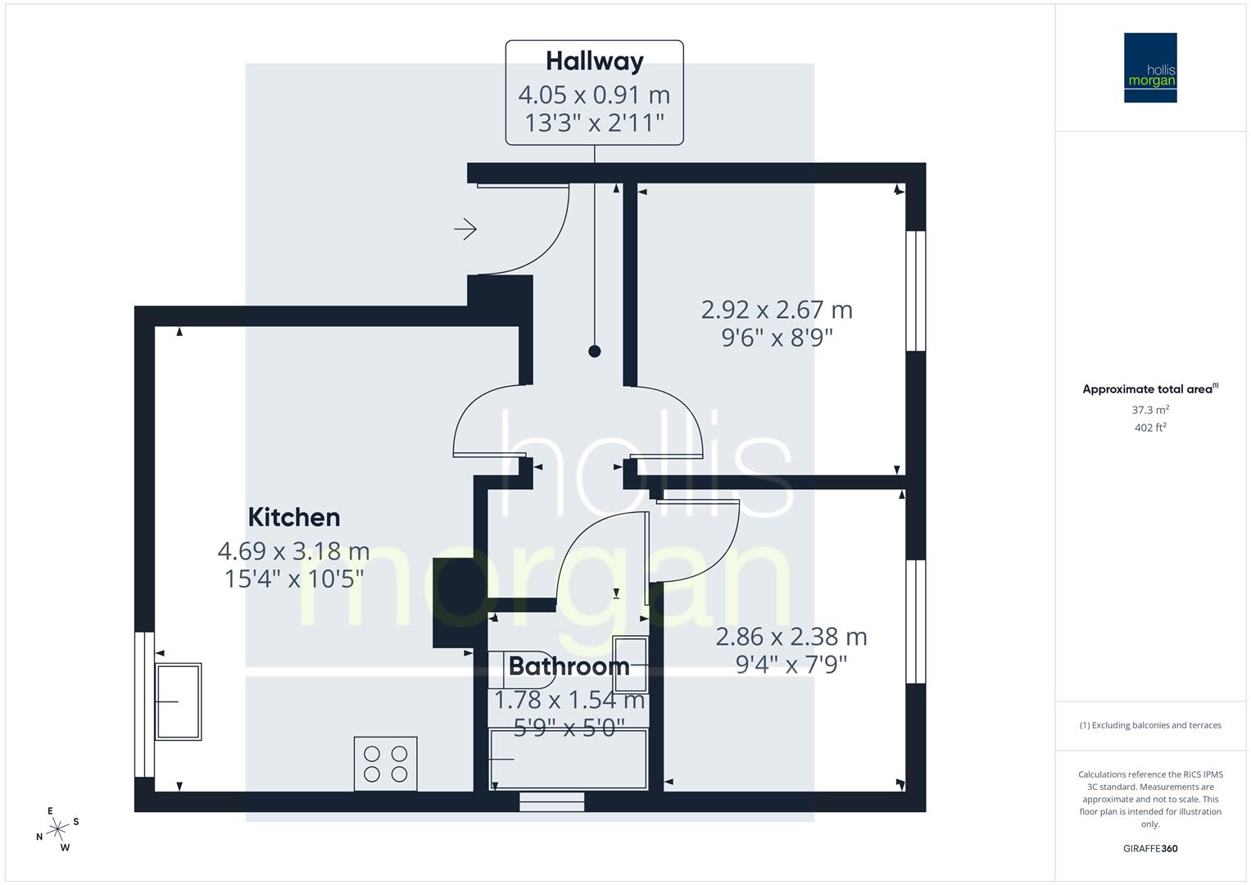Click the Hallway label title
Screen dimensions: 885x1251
(x=594, y=61)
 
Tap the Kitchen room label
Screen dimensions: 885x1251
(x=293, y=517)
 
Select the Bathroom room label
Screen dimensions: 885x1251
(x=569, y=666)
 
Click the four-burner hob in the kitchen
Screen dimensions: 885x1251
(x=385, y=764)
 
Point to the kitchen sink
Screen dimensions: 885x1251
(x=179, y=701)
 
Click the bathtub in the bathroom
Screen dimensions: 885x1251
(x=569, y=759)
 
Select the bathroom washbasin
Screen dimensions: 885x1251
(x=630, y=663)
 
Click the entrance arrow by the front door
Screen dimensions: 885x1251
(x=465, y=229)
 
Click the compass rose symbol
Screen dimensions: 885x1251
(x=57, y=829)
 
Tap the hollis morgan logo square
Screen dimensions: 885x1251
(x=1150, y=68)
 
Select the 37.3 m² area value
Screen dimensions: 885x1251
(x=1150, y=410)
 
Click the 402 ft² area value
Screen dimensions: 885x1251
(x=1150, y=428)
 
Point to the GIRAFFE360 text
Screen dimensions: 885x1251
(x=1150, y=848)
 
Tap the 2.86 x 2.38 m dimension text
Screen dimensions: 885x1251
(x=791, y=637)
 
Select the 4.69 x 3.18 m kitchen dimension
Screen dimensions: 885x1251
(x=293, y=551)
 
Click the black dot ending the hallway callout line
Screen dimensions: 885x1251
(x=595, y=352)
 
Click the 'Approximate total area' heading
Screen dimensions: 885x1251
(x=1149, y=389)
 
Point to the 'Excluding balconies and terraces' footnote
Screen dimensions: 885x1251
(x=1150, y=725)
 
